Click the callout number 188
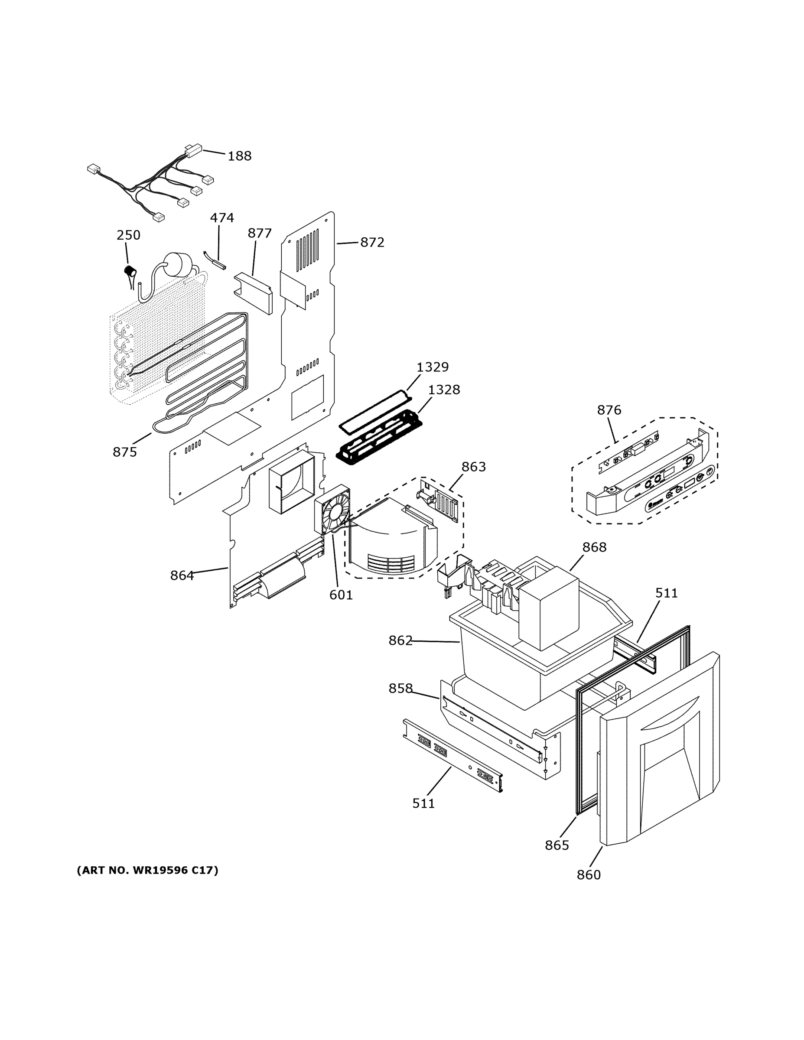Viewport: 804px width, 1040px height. pyautogui.click(x=239, y=156)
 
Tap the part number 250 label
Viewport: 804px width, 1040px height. pyautogui.click(x=129, y=235)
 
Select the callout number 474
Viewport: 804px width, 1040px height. pyautogui.click(x=222, y=218)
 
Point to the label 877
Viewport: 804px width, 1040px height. pyautogui.click(x=260, y=233)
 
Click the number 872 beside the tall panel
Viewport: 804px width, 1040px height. pyautogui.click(x=372, y=242)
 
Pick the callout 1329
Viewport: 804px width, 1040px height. pyautogui.click(x=433, y=367)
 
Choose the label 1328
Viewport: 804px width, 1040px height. pyautogui.click(x=444, y=390)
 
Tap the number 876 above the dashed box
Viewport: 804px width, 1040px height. pyautogui.click(x=609, y=410)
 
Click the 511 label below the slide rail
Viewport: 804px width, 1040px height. pyautogui.click(x=423, y=804)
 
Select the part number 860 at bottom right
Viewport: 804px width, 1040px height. pyautogui.click(x=589, y=875)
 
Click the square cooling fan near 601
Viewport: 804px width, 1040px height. pyautogui.click(x=332, y=510)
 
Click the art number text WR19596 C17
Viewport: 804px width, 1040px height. pyautogui.click(x=147, y=871)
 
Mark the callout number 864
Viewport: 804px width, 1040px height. pyautogui.click(x=182, y=576)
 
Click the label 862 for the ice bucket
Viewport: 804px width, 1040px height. pyautogui.click(x=400, y=641)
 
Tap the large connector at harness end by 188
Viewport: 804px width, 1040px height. pyautogui.click(x=193, y=151)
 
